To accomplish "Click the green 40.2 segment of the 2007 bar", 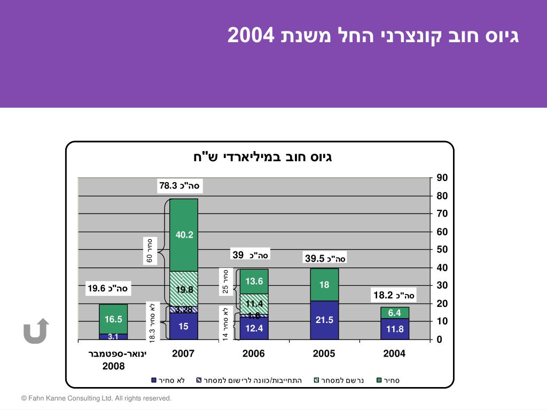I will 184,235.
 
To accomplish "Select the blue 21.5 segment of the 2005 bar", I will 324,320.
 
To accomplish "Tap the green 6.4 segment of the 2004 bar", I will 395,313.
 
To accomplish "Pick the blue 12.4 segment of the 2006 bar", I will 254,328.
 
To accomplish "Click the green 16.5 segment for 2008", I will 113,319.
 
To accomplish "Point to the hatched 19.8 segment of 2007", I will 184,289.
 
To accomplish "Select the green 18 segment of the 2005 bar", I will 324,285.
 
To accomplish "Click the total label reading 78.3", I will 179,186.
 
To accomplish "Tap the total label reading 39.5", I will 325,258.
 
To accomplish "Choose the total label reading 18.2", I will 394,295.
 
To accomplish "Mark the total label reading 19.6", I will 108,289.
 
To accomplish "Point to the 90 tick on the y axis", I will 442,177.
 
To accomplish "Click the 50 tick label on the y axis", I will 442,249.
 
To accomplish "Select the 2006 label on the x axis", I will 254,353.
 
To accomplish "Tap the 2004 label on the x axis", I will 394,353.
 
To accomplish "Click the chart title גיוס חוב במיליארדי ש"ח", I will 263,157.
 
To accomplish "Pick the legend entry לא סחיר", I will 171,381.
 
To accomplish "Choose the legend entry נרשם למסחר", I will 341,381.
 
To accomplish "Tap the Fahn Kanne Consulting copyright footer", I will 97,398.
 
